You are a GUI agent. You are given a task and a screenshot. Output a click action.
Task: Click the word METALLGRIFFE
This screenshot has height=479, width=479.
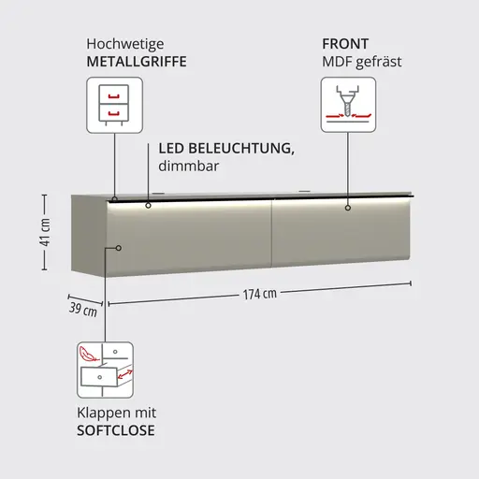coord(137,62)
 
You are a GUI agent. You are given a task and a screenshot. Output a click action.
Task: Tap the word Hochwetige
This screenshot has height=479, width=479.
coord(125,44)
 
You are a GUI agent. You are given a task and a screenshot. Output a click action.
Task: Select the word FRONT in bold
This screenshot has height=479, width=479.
coord(345,44)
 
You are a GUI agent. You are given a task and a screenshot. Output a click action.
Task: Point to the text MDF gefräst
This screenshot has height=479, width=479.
coord(362,62)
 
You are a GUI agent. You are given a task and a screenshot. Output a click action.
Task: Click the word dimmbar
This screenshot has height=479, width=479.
coord(189,166)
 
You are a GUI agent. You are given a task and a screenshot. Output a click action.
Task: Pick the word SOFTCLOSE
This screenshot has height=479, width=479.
coord(116,430)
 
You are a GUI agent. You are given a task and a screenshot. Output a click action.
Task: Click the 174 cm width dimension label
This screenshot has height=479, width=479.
coord(260,294)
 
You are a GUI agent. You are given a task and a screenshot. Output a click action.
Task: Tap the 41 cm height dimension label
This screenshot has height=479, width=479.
coord(46,232)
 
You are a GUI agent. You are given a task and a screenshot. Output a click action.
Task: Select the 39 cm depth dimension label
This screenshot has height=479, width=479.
coord(83,310)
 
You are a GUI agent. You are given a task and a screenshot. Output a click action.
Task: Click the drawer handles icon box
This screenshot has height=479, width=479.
coord(114,105)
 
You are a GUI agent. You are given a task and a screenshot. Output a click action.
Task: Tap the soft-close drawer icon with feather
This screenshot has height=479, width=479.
coord(105,370)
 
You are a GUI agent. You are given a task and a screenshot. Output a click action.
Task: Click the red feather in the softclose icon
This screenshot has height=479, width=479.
coord(88,355)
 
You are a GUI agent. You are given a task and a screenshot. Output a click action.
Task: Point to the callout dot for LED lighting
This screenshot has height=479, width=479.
coord(148,206)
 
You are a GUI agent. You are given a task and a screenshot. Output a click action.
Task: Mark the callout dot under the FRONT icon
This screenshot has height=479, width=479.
coord(348,208)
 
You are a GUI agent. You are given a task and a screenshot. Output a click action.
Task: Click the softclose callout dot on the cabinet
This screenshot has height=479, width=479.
coord(119,248)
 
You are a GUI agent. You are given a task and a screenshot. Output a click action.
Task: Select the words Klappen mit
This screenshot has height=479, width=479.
coord(116,414)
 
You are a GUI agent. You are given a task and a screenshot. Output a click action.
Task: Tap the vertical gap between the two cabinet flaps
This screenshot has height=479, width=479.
coord(272,233)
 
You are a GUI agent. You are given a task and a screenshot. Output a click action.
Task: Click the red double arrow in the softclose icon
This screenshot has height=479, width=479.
coord(125,374)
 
